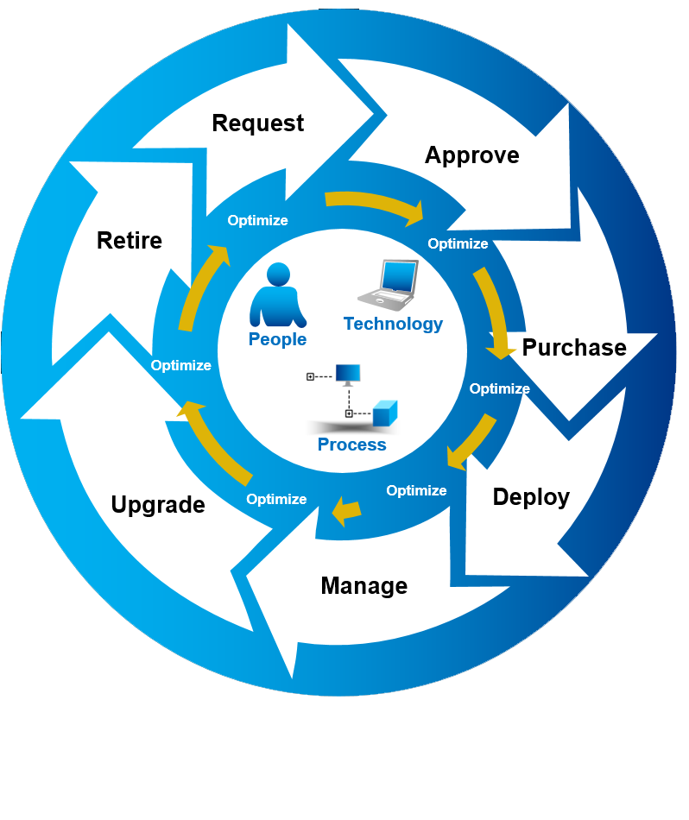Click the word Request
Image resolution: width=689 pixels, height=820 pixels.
pyautogui.click(x=257, y=123)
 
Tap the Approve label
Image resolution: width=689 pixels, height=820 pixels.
pyautogui.click(x=471, y=155)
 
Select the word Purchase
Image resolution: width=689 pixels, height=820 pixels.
pyautogui.click(x=574, y=348)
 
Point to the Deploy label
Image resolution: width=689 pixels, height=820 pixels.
pyautogui.click(x=531, y=497)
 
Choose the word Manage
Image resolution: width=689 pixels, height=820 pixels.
pyautogui.click(x=363, y=586)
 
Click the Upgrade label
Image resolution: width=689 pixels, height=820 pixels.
pyautogui.click(x=158, y=505)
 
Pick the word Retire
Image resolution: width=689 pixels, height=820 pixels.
pyautogui.click(x=130, y=240)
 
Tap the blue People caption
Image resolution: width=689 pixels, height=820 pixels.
pyautogui.click(x=277, y=340)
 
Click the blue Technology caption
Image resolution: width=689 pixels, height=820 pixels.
pyautogui.click(x=393, y=325)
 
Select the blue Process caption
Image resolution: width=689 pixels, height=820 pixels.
pyautogui.click(x=351, y=445)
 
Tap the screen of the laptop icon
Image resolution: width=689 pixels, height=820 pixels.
pyautogui.click(x=400, y=276)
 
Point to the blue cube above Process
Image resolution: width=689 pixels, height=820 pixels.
pyautogui.click(x=385, y=413)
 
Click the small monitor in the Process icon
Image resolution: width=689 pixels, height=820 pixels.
pyautogui.click(x=349, y=375)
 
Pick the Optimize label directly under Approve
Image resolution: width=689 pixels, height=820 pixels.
pyautogui.click(x=458, y=244)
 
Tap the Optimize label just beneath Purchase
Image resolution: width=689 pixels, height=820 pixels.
pyautogui.click(x=499, y=389)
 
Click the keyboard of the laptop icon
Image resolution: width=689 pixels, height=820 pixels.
pyautogui.click(x=387, y=300)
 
